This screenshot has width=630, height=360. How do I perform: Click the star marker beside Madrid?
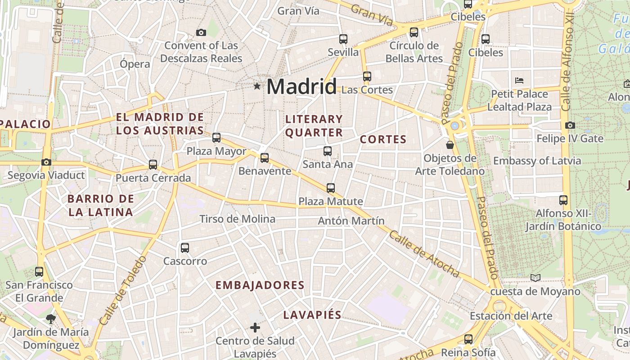[x=257, y=85]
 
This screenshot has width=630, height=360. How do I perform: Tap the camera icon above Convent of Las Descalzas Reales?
[x=201, y=32]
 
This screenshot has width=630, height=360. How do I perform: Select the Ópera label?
[x=135, y=64]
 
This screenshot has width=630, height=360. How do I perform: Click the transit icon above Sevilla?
[x=343, y=39]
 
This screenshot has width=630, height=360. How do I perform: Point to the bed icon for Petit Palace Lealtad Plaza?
[x=519, y=81]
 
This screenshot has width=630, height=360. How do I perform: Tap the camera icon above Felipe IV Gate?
[x=570, y=125]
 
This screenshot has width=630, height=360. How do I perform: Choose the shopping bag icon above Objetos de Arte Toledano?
[x=450, y=145]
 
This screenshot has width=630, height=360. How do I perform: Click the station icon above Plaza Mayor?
[x=216, y=137]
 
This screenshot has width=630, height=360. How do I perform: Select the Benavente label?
[x=265, y=171]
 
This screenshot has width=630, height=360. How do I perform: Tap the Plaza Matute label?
[x=331, y=201]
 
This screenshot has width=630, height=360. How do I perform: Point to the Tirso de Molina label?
[x=237, y=219]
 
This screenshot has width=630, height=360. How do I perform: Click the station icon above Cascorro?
[x=184, y=247]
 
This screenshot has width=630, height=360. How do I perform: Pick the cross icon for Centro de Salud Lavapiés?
[x=255, y=327]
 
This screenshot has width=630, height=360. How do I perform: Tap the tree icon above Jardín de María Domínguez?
[x=50, y=319]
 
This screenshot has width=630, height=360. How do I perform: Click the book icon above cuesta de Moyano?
[x=535, y=278]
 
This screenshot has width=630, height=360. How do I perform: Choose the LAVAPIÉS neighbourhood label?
[x=312, y=315]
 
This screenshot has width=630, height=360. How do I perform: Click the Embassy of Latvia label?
[x=537, y=161]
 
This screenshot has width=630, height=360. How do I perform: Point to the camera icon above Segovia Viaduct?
[x=46, y=162]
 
